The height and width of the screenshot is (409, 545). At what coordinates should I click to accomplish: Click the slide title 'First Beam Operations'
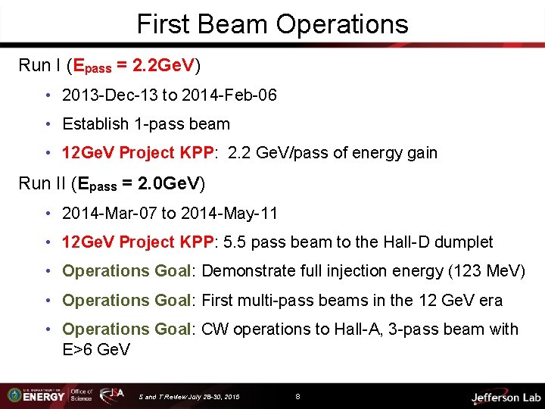pos(272,24)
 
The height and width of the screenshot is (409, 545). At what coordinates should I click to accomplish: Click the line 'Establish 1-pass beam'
pos(145,124)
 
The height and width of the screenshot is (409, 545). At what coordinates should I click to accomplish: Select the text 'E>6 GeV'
pos(96,350)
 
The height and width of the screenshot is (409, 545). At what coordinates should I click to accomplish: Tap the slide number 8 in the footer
pos(298,396)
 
